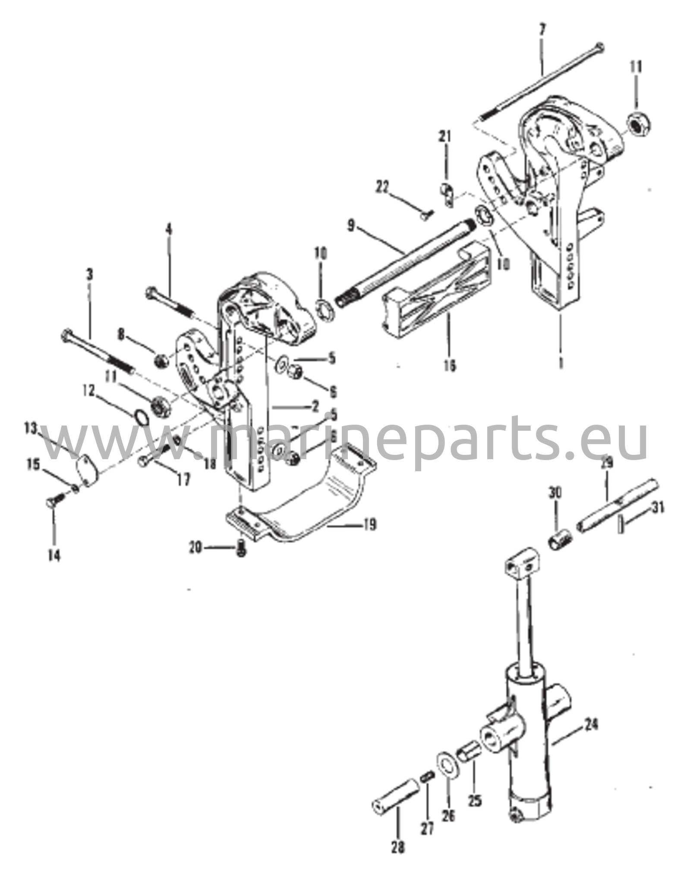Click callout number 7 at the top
542,31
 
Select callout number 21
445,137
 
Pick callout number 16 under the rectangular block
450,366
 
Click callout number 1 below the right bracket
561,364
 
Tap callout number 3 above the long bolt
89,274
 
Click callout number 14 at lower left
54,557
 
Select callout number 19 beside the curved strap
369,525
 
